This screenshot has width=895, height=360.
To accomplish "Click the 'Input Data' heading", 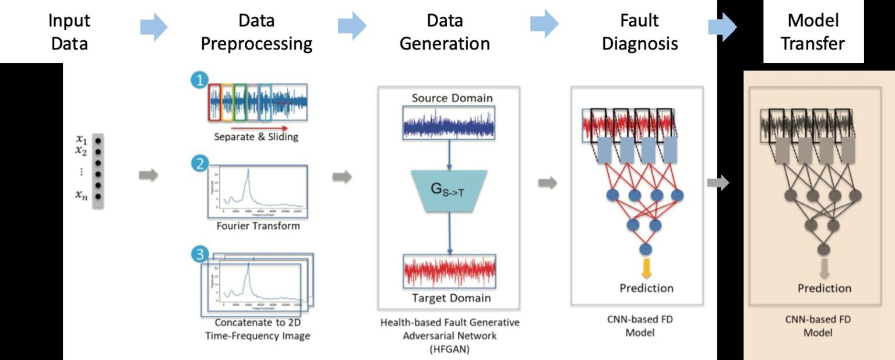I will pyautogui.click(x=69, y=32).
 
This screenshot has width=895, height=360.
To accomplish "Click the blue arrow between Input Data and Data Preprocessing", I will pyautogui.click(x=153, y=27).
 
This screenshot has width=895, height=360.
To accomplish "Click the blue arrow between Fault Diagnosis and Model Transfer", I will pyautogui.click(x=722, y=27).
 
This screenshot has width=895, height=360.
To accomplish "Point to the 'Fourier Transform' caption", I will pyautogui.click(x=257, y=225).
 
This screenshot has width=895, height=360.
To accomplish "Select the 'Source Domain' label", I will pyautogui.click(x=452, y=98).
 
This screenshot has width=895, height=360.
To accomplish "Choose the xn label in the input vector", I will pyautogui.click(x=81, y=196).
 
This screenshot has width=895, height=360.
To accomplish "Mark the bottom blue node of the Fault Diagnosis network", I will pyautogui.click(x=646, y=249).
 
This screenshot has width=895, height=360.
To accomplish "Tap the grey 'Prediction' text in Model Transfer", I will pyautogui.click(x=824, y=288).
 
